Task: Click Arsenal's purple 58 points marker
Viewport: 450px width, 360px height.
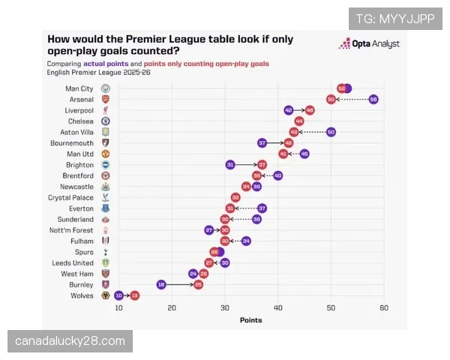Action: tap(373, 99)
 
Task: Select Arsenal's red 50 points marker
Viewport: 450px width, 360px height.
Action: tap(331, 99)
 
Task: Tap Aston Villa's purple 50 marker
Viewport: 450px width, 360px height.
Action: tap(331, 132)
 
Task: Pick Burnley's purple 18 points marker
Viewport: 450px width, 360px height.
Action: tap(161, 285)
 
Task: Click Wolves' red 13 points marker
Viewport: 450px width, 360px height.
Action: tap(135, 296)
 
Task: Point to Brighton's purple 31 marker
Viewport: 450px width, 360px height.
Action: tap(230, 165)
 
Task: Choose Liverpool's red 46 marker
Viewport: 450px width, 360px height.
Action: tap(310, 110)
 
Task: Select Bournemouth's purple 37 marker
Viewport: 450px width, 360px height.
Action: tap(262, 142)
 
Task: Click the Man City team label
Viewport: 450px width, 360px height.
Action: tap(79, 88)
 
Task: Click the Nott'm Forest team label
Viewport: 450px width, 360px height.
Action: tap(72, 230)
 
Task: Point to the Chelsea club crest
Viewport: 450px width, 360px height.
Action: tap(106, 121)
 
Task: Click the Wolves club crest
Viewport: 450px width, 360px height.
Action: tap(106, 295)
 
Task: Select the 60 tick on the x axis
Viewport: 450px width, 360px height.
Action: tap(383, 308)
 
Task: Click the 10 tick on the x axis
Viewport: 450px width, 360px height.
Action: tap(119, 308)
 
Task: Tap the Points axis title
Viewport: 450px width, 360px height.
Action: tap(250, 320)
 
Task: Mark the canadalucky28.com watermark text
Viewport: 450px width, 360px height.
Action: tap(70, 341)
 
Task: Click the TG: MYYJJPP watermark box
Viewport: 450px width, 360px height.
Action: tap(395, 19)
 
